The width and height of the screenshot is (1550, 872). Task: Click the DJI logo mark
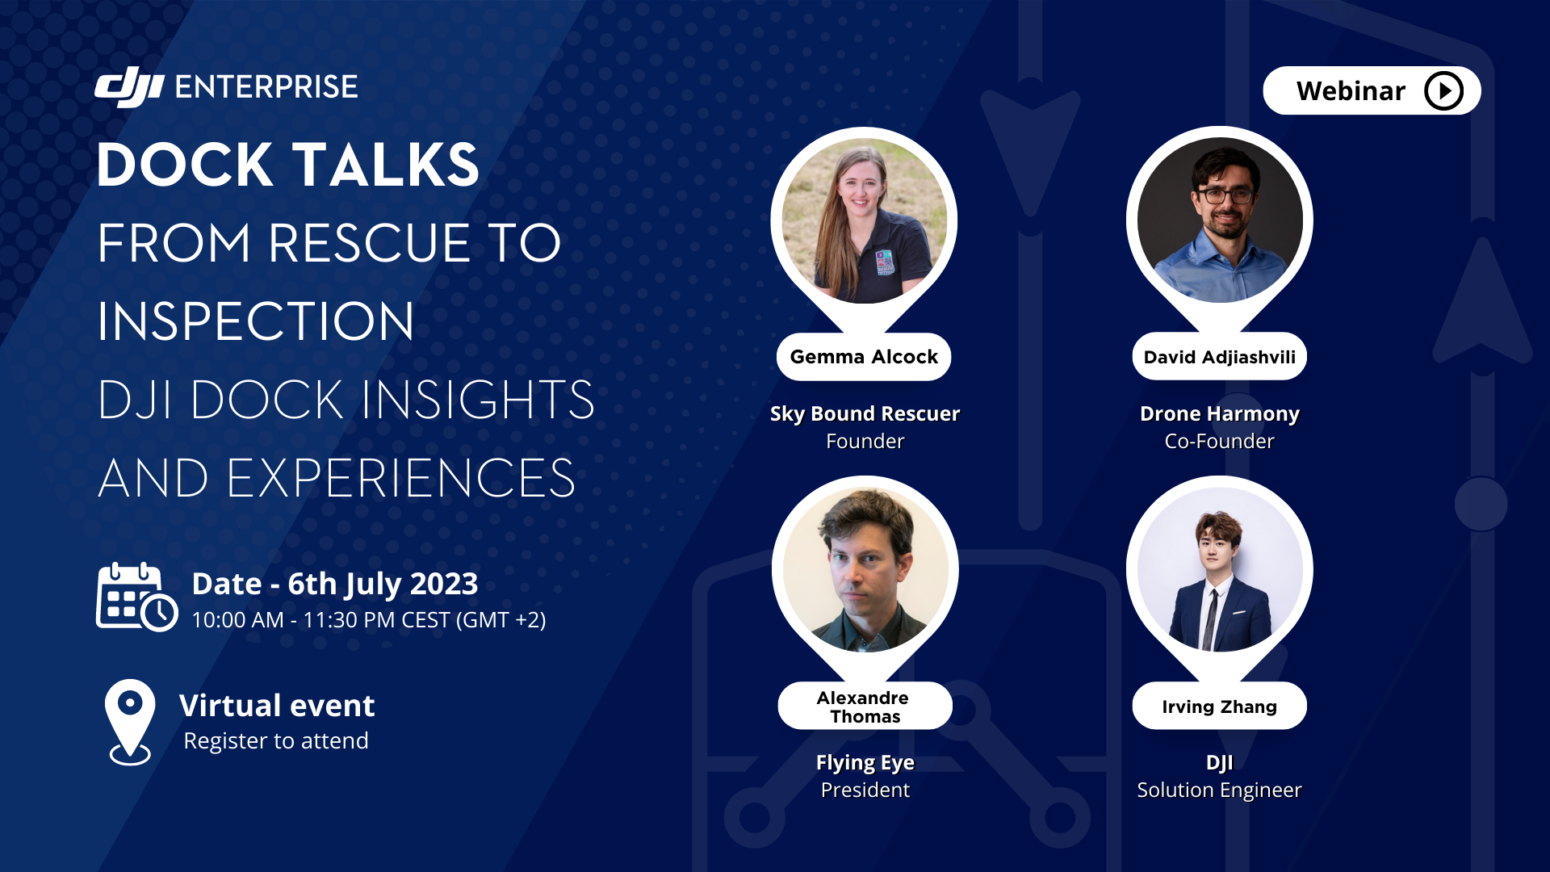pyautogui.click(x=129, y=86)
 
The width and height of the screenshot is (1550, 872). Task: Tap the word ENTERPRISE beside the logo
pyautogui.click(x=266, y=87)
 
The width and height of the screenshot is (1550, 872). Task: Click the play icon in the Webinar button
pyautogui.click(x=1443, y=90)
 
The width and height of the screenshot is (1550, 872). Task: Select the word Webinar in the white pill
pyautogui.click(x=1351, y=91)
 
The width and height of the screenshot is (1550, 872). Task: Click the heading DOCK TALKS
pyautogui.click(x=288, y=165)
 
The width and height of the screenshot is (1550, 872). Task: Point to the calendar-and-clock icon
pyautogui.click(x=136, y=597)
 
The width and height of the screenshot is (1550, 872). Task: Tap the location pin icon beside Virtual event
pyautogui.click(x=130, y=722)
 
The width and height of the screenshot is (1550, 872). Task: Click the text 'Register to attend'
pyautogui.click(x=276, y=741)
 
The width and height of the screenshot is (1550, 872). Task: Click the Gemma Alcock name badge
pyautogui.click(x=864, y=357)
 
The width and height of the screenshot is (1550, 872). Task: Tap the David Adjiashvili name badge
pyautogui.click(x=1219, y=357)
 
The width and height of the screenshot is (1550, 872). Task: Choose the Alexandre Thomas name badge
pyautogui.click(x=865, y=706)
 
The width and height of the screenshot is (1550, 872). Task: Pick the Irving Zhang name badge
pyautogui.click(x=1219, y=706)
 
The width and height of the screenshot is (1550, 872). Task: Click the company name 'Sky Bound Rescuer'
pyautogui.click(x=865, y=414)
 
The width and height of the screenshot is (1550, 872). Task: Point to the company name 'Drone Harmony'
pyautogui.click(x=1219, y=414)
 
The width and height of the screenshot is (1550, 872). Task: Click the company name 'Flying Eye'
pyautogui.click(x=865, y=763)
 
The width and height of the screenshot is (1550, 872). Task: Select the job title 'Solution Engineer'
pyautogui.click(x=1219, y=790)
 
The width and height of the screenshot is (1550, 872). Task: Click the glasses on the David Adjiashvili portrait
pyautogui.click(x=1225, y=195)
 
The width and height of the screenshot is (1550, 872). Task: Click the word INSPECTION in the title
pyautogui.click(x=256, y=321)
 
